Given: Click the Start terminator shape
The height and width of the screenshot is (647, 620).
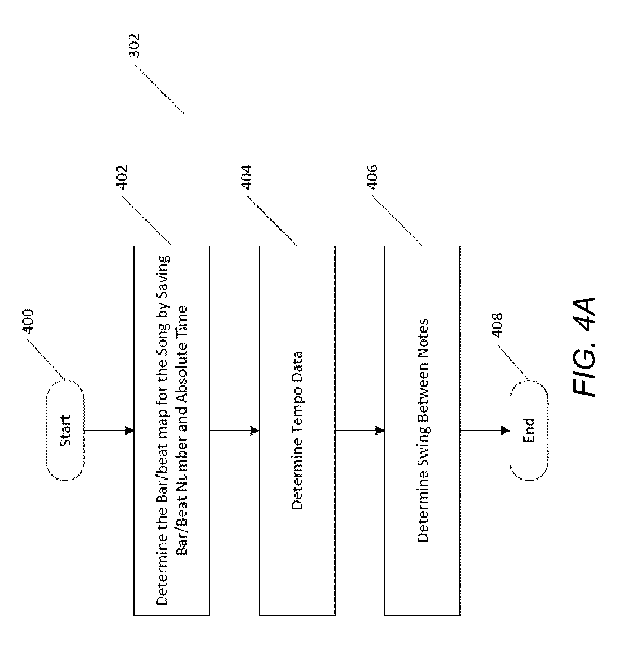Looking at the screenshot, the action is pos(65,430).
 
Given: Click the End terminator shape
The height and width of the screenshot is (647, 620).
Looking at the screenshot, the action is pos(529,430).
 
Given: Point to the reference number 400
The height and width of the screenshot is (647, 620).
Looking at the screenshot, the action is pos(28,321).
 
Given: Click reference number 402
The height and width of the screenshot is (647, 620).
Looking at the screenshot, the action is pos(122,177).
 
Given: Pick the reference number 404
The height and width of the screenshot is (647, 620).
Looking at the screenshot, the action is pos(246,177).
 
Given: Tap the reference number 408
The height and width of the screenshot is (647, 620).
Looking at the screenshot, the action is pos(497,325).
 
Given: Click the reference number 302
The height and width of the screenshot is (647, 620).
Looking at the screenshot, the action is pos(134,46).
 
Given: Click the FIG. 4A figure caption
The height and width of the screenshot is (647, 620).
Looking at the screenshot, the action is pos(584,347).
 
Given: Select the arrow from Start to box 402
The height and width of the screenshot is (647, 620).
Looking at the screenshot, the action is pos(109,430).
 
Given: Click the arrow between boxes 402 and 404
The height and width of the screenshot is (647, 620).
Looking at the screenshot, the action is pos(234,430).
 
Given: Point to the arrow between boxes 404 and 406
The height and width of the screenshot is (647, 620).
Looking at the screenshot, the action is pos(360,430).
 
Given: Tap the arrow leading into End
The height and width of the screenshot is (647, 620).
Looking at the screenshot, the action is pos(485,430).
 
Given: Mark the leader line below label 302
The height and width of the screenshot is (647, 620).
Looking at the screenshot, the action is pos(159,89).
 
